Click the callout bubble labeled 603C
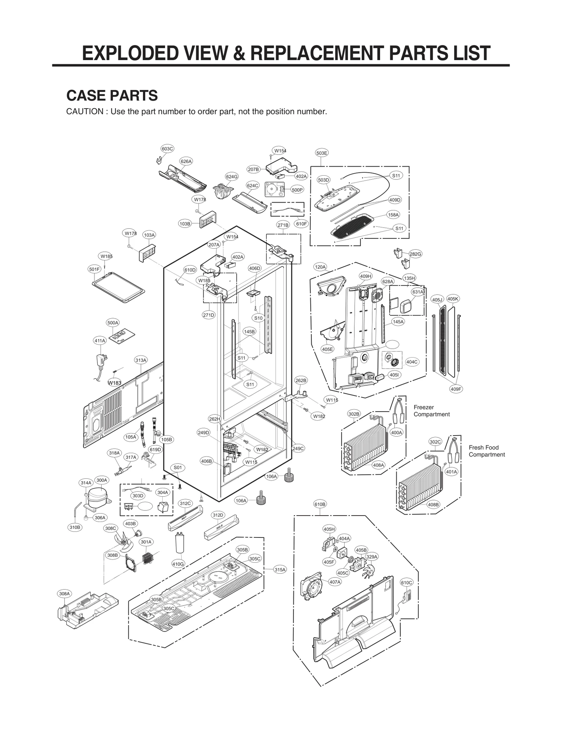[x=167, y=149]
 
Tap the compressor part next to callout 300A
[x=98, y=497]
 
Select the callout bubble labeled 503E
[x=322, y=153]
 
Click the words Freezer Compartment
[x=431, y=411]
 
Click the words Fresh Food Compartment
[x=486, y=451]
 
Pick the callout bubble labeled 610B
[x=320, y=504]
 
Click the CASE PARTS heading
[x=112, y=96]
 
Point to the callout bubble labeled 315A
[x=280, y=570]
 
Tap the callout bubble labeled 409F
[x=456, y=389]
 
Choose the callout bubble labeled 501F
[x=94, y=269]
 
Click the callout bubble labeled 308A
[x=64, y=594]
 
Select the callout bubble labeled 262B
[x=301, y=380]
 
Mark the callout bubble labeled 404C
[x=412, y=362]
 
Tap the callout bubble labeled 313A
[x=141, y=360]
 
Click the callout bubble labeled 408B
[x=433, y=505]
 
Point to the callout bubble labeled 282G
[x=415, y=254]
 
